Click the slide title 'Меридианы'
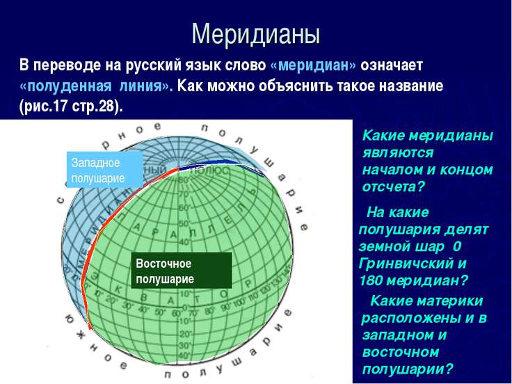point(255,32)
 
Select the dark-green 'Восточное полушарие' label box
point(181,271)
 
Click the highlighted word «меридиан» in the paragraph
point(312,65)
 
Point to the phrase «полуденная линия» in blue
point(93,87)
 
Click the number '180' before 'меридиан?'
point(371,280)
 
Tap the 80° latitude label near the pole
point(183,180)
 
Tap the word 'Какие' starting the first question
point(383,136)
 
